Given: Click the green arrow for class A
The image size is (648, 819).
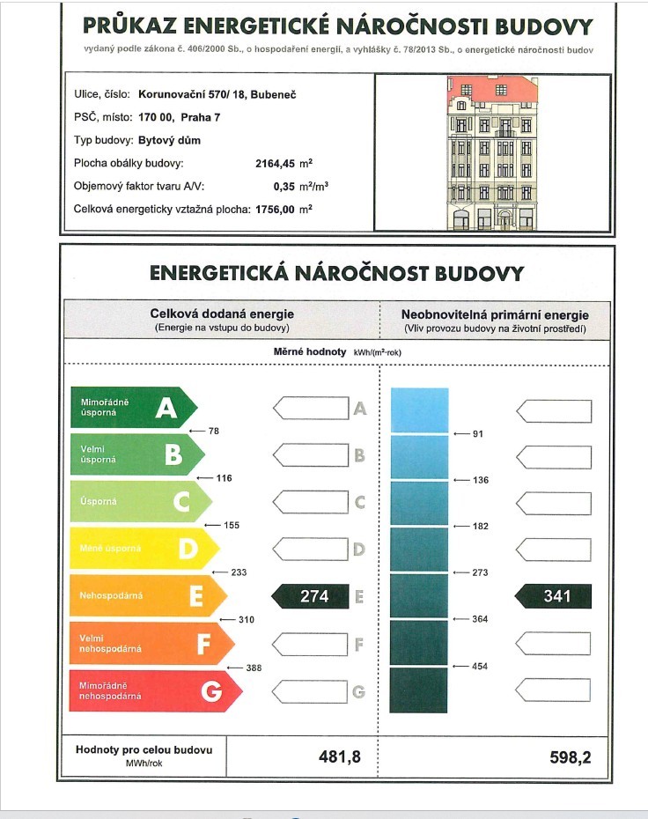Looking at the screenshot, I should point(132,408).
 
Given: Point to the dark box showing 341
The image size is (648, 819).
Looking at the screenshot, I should point(554,596).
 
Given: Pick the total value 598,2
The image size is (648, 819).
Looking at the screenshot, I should point(572,756).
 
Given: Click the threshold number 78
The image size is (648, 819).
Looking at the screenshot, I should point(214,432).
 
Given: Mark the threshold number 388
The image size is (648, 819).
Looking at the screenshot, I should point(254,668).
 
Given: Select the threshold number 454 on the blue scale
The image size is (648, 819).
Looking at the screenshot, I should point(480,667).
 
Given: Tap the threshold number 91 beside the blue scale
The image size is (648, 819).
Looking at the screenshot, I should point(478,434).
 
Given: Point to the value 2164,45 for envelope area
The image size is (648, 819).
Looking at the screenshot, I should point(279,164).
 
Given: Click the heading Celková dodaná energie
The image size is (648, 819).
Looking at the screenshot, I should point(222,314).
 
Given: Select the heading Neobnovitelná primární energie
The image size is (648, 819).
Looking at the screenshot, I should point(495,314).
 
